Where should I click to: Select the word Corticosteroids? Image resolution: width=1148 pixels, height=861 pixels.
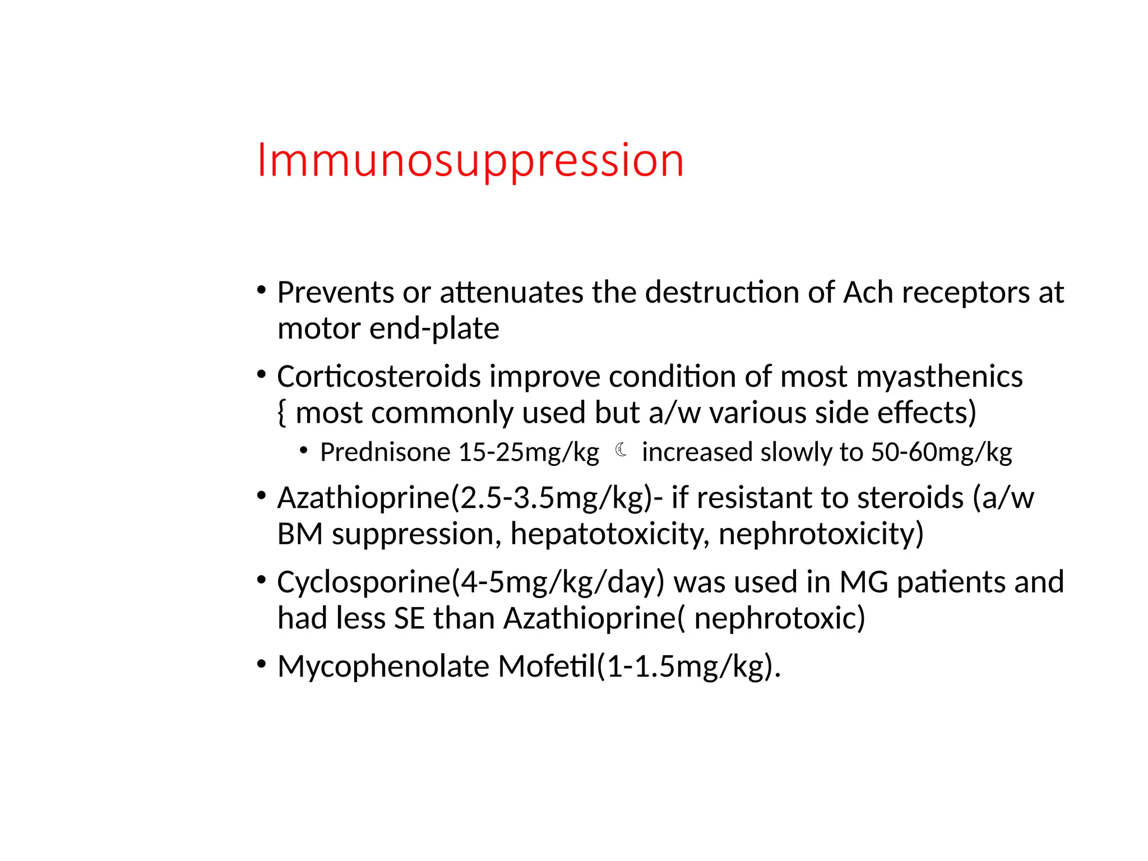[x=379, y=377]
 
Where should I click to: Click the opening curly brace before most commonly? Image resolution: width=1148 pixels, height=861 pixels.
[x=282, y=413]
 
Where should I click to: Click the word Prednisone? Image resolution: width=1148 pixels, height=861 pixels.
[x=385, y=452]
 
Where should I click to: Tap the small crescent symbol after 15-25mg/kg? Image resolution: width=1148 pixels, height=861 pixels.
[x=621, y=450]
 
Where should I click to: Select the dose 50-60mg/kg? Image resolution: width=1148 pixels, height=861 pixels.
[x=941, y=452]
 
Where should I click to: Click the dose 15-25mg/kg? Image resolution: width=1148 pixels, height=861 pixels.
[x=529, y=452]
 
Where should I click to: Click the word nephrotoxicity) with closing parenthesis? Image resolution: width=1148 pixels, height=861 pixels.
[x=821, y=534]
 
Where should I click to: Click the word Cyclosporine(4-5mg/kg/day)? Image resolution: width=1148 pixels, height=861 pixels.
[x=470, y=582]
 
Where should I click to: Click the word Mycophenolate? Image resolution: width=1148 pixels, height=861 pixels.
[x=383, y=667]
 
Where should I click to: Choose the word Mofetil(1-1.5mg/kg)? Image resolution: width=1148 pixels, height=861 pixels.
[x=639, y=667]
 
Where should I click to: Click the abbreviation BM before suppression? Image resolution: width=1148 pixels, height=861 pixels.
[x=300, y=534]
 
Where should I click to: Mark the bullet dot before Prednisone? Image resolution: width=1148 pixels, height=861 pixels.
[x=304, y=450]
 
